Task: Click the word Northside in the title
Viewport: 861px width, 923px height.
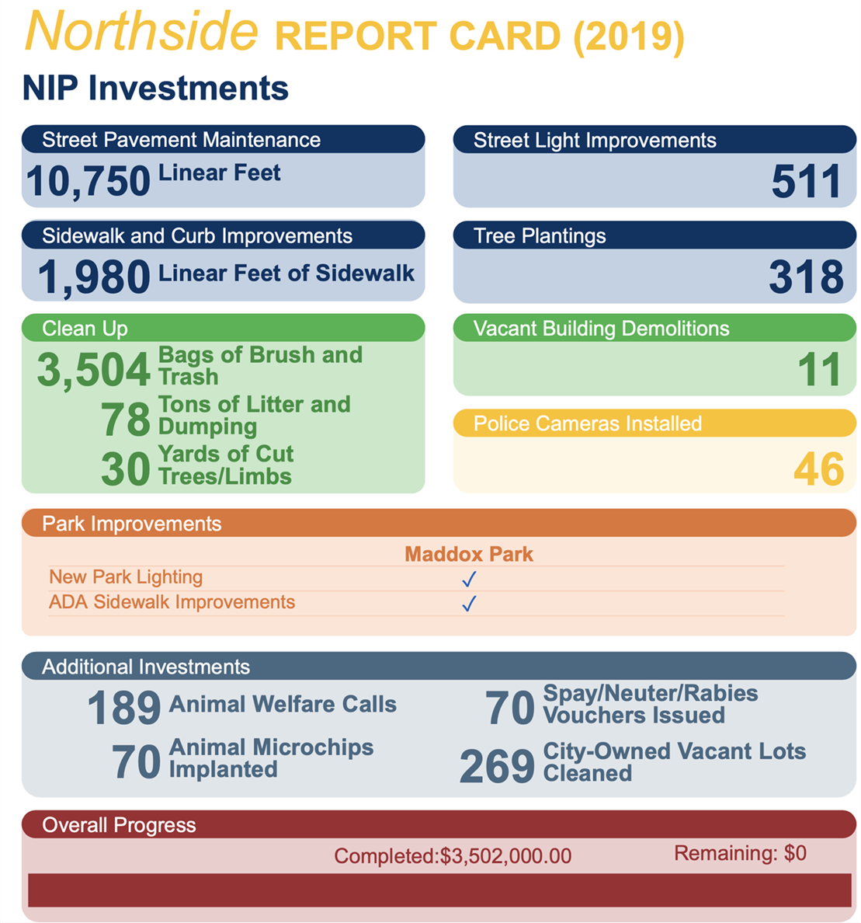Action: click(141, 31)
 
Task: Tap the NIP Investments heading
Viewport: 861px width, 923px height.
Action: click(155, 88)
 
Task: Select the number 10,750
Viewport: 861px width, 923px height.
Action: click(88, 181)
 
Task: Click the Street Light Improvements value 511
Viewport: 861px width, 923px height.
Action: click(806, 181)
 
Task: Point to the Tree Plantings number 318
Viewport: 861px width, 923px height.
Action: click(806, 277)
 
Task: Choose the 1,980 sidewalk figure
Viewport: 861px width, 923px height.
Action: click(94, 277)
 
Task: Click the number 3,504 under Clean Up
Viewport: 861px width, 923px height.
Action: click(93, 370)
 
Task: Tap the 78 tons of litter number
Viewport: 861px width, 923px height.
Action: click(125, 420)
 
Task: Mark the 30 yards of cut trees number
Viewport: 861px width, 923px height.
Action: click(125, 469)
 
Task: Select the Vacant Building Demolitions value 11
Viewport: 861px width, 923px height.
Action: click(819, 370)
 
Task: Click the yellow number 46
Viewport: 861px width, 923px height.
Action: click(818, 469)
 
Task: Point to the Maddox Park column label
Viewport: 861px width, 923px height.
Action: click(469, 554)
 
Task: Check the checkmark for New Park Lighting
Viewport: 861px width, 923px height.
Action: click(469, 579)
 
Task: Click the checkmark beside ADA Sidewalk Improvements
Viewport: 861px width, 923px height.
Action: click(469, 604)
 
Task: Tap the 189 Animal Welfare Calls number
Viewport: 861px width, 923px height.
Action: click(123, 708)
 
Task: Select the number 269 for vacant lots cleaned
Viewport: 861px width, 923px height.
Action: click(497, 766)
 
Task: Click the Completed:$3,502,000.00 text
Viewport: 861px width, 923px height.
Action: click(453, 856)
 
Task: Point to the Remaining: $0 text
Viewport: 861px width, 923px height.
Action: click(740, 853)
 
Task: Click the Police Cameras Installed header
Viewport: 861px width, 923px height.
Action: click(587, 423)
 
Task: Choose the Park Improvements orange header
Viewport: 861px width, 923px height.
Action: click(132, 524)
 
